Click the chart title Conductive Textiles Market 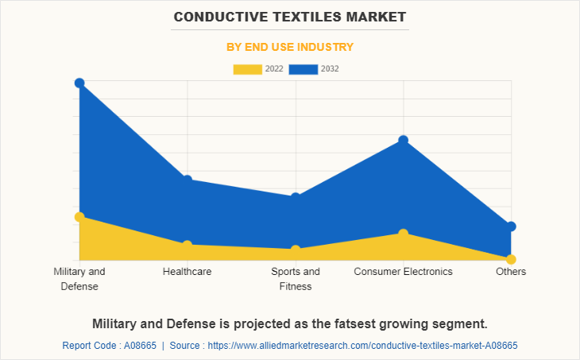point(289,16)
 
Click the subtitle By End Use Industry point(290,47)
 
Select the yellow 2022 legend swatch point(247,69)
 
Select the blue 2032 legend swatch point(303,69)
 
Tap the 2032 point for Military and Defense point(79,83)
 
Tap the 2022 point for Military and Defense point(79,216)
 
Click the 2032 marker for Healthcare point(188,180)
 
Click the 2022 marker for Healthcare point(188,245)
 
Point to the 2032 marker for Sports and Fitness point(296,196)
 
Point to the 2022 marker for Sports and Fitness point(296,250)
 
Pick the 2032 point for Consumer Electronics point(404,140)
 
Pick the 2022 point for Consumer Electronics point(404,233)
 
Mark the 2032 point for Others point(511,226)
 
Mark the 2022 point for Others point(511,259)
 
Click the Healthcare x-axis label point(188,272)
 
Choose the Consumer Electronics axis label point(404,272)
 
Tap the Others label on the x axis point(511,272)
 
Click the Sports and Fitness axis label point(296,279)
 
